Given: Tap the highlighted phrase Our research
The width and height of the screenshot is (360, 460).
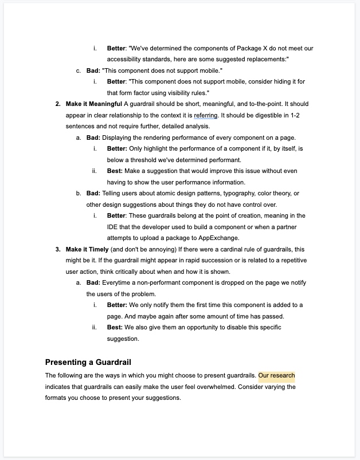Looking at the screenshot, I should coord(277,376).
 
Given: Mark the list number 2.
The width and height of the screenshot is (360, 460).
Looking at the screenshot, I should coord(58,104).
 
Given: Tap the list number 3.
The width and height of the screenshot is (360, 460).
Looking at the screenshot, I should coord(58,250).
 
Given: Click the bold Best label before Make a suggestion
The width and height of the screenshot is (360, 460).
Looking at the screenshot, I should coord(115,171).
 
